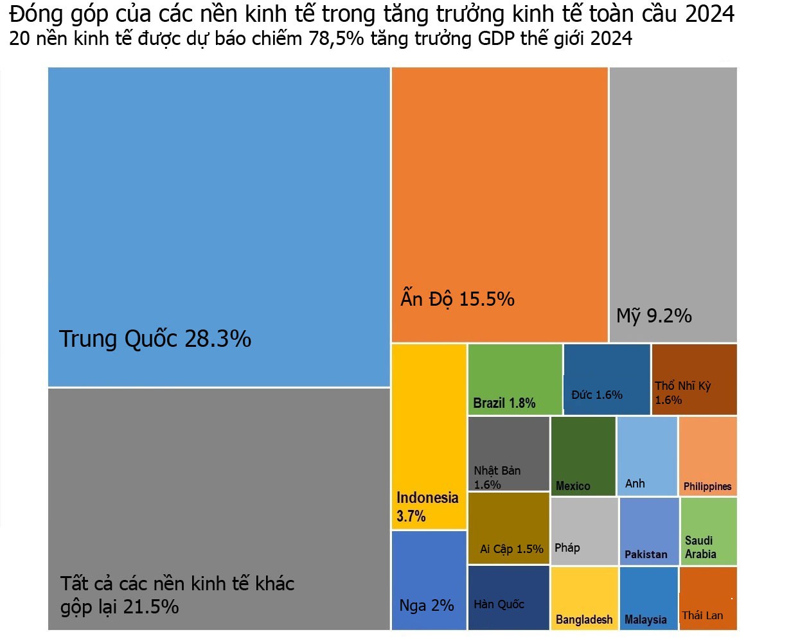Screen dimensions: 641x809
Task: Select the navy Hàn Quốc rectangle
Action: click(508, 597)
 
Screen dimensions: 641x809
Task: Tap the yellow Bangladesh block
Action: click(584, 597)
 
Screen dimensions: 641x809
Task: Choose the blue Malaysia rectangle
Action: click(648, 597)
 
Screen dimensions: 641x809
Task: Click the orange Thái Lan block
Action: click(707, 597)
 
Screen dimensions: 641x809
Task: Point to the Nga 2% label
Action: click(427, 606)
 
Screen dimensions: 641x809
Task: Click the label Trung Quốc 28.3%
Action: click(155, 338)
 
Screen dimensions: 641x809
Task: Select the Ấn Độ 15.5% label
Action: click(458, 299)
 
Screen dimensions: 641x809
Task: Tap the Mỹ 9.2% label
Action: click(653, 315)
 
